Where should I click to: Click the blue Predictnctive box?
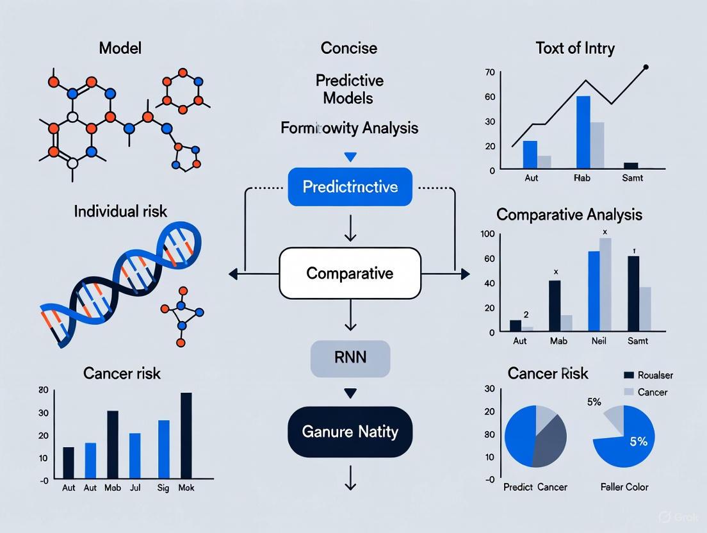coord(350,187)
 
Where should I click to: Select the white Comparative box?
coord(350,274)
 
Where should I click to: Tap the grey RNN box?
coord(350,357)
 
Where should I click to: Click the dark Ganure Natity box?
coord(350,432)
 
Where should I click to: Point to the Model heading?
coord(120,48)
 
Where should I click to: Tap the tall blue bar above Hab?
coord(583,131)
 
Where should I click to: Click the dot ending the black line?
coord(646,67)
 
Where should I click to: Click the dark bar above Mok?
coord(186,435)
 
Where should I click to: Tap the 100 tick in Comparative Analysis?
coord(488,234)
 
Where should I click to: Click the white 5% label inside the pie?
coord(638,441)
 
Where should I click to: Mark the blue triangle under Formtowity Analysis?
coord(350,156)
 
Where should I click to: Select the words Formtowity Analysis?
coord(350,128)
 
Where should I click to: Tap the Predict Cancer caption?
coord(535,487)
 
